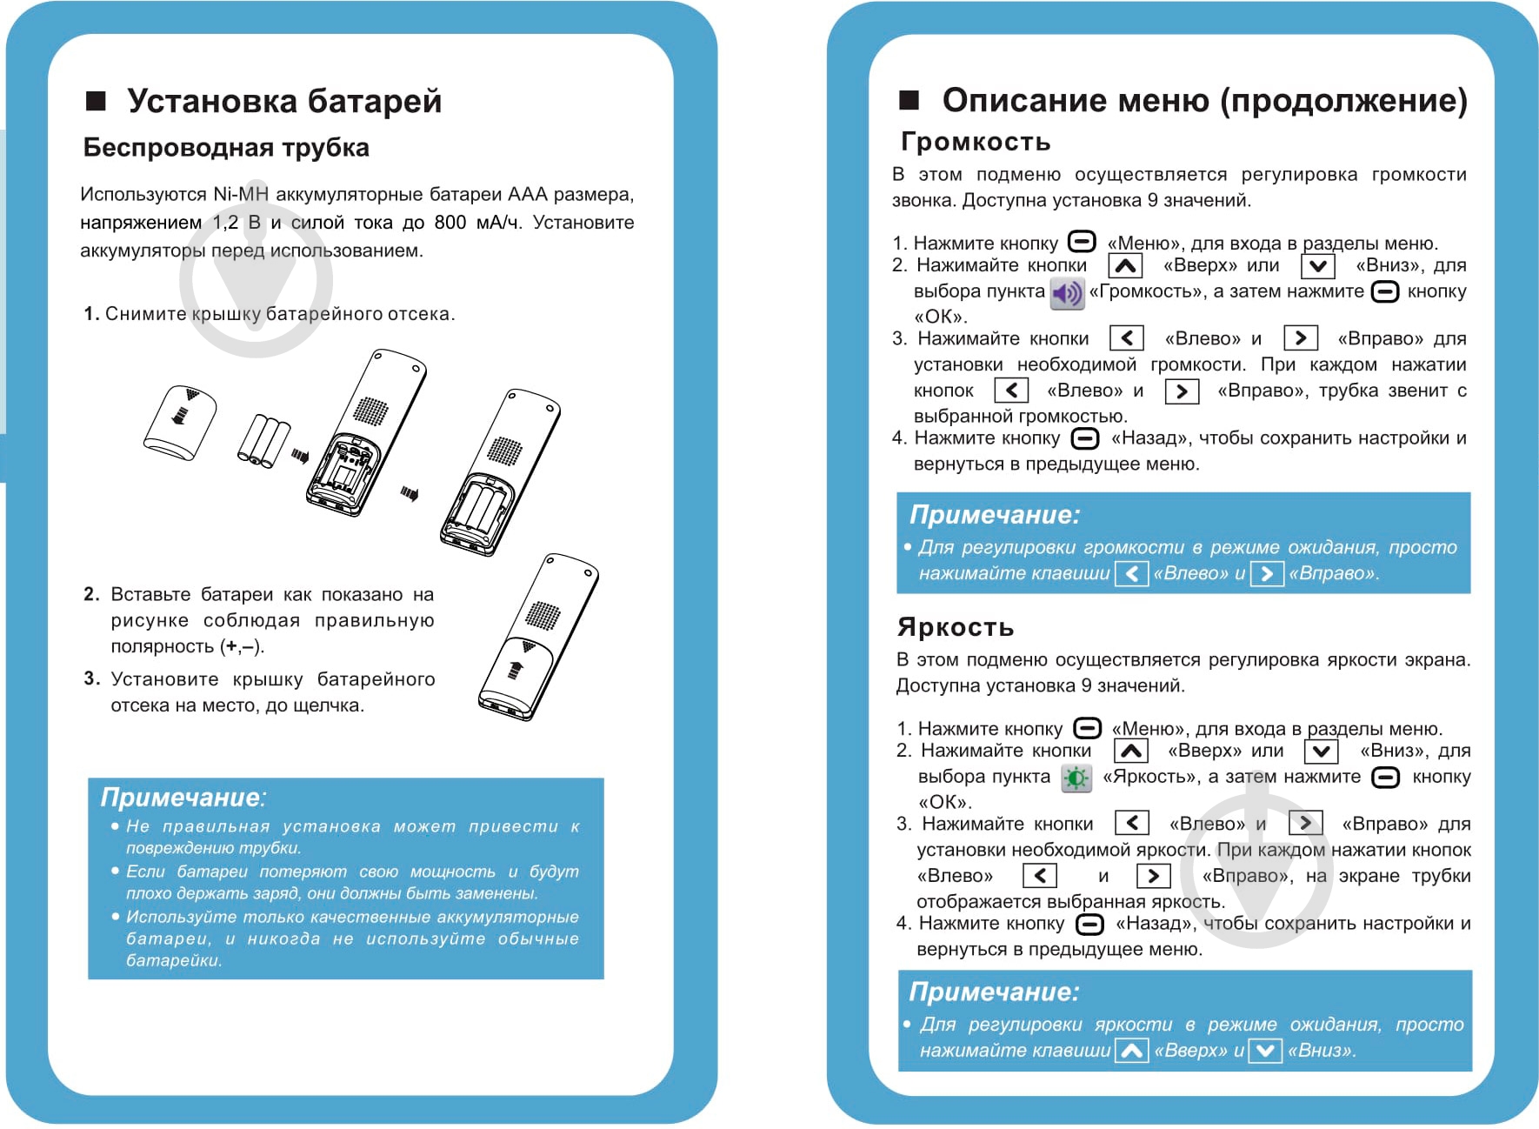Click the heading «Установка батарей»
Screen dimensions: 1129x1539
coord(283,101)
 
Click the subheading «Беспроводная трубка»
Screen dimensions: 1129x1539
coord(226,148)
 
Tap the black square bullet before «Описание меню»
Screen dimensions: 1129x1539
coord(909,100)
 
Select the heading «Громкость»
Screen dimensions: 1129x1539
coord(976,141)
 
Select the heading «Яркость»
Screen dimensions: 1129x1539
coord(956,626)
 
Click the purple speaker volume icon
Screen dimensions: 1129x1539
coord(1067,293)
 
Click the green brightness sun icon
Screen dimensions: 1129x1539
coord(1076,778)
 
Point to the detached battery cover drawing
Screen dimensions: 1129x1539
coord(181,423)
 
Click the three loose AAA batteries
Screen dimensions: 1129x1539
coord(263,439)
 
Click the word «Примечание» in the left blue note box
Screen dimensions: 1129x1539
coord(181,797)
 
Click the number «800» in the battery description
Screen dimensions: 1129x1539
coord(450,223)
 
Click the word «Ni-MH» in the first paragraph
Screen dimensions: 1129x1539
coord(241,194)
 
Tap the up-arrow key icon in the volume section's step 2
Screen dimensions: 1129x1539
coord(1125,266)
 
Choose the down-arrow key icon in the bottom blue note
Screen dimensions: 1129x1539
coord(1265,1051)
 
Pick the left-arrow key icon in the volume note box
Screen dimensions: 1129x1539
coord(1131,574)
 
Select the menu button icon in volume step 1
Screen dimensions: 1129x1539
coord(1082,242)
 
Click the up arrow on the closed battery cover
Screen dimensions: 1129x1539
coord(516,670)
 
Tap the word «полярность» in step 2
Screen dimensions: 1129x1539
coord(163,646)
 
